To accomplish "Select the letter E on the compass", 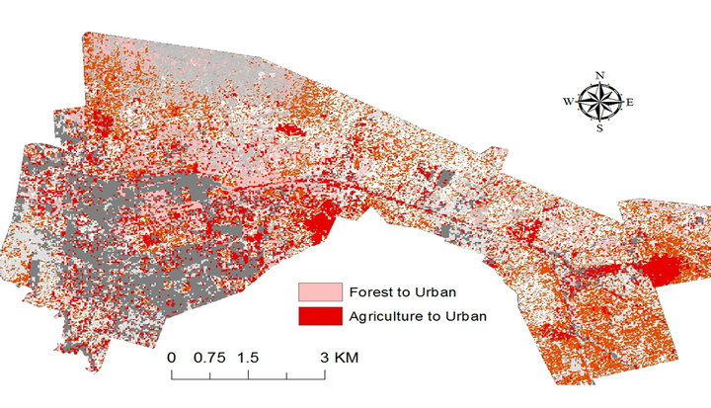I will (629, 102).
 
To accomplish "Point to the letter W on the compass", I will (568, 101).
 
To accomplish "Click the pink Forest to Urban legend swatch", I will (321, 292).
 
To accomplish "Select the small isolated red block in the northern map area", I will (291, 129).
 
